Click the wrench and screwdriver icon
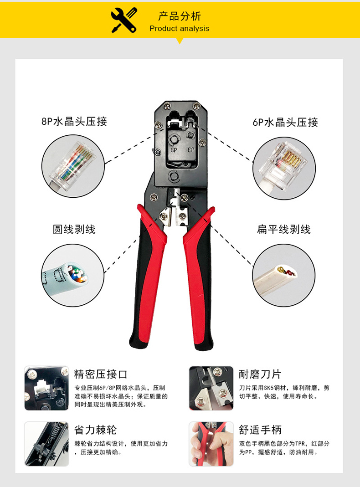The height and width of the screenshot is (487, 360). (x=124, y=20)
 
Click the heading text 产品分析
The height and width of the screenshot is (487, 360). (x=180, y=16)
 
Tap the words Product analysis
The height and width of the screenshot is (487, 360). (x=179, y=29)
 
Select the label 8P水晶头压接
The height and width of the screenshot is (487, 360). (x=74, y=122)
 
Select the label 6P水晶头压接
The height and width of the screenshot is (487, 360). (x=285, y=123)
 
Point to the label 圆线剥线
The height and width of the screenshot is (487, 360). (x=74, y=230)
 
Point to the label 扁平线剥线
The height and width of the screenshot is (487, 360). (x=283, y=230)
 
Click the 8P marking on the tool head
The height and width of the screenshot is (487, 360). (x=174, y=150)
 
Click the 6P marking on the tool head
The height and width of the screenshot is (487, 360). (x=191, y=150)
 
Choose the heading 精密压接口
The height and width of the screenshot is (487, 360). (x=101, y=374)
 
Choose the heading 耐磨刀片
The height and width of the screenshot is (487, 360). (x=260, y=374)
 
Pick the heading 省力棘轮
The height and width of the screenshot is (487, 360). (x=95, y=430)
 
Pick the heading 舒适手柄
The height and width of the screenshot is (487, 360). (x=260, y=430)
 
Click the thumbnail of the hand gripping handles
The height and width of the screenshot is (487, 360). (x=211, y=444)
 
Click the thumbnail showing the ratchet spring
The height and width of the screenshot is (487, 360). (x=46, y=444)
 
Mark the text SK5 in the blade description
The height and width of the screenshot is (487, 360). (x=268, y=388)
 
